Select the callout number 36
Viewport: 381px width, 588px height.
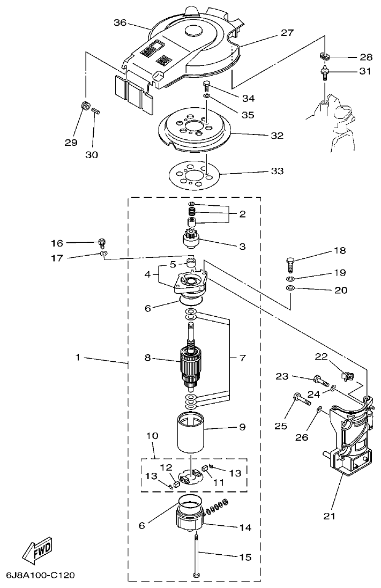pos(120,23)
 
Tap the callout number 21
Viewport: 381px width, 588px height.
pos(329,516)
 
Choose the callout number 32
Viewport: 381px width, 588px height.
pos(277,136)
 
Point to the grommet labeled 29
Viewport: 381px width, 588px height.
pos(84,105)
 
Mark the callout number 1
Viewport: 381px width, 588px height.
pos(78,357)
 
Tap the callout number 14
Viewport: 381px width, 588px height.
pos(244,527)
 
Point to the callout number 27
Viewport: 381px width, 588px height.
pos(287,33)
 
